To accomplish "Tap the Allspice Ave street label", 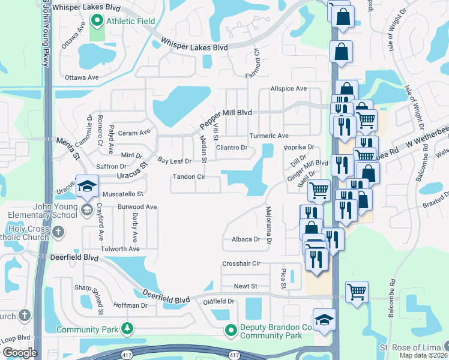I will click(x=288, y=89).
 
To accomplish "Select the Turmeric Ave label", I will click(x=269, y=136).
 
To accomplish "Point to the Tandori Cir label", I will click(x=189, y=177).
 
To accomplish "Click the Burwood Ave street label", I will click(x=137, y=207).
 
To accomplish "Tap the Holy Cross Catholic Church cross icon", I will click(x=58, y=231).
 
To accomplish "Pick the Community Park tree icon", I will click(x=127, y=329).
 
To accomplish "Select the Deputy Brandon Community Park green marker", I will click(x=231, y=329).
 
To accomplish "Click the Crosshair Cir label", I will click(x=241, y=263).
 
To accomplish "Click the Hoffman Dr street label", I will click(x=130, y=305).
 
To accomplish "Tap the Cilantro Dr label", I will click(x=232, y=148).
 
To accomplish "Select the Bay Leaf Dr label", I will click(x=174, y=161).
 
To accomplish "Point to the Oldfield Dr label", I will click(x=218, y=301).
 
